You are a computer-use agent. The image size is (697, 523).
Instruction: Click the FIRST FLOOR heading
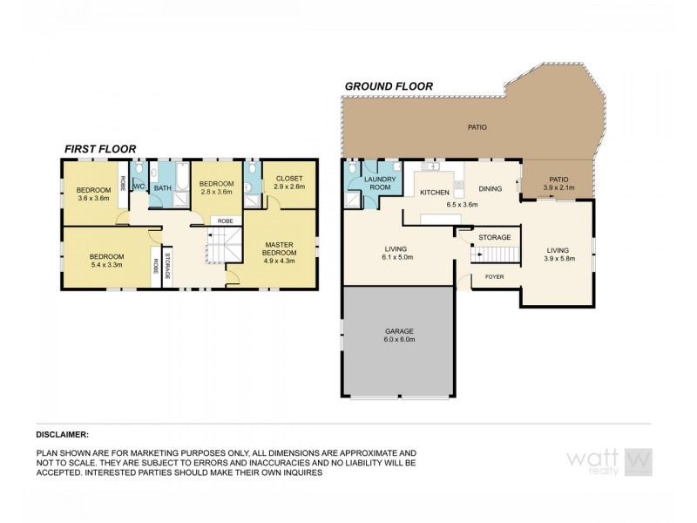click(x=99, y=149)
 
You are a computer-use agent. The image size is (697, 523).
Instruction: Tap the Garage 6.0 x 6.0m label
click(x=399, y=336)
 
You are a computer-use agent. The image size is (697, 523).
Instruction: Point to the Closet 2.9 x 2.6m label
click(x=288, y=183)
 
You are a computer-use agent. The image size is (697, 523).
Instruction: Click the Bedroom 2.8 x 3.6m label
click(x=215, y=188)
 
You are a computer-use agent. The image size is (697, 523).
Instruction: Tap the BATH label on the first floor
click(x=162, y=187)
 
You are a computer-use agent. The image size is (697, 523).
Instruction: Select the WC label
click(x=138, y=187)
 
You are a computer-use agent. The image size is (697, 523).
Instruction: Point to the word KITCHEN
click(x=434, y=192)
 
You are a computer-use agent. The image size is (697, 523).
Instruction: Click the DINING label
click(x=490, y=187)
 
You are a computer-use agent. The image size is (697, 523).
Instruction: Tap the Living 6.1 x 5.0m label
click(x=396, y=252)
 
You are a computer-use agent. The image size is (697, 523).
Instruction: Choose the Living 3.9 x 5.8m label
click(x=557, y=252)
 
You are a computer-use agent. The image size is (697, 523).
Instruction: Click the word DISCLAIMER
click(x=62, y=433)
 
